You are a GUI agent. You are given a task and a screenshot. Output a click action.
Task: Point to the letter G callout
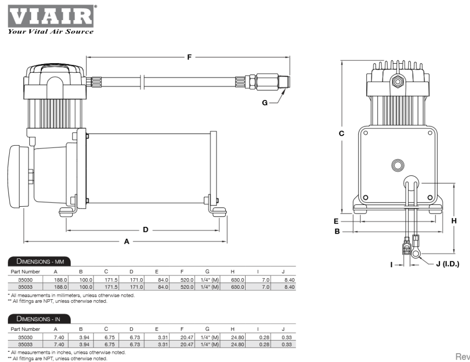(x=265, y=103)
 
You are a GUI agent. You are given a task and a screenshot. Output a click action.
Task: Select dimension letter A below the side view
(x=127, y=241)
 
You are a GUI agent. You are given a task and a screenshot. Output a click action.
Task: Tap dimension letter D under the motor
(x=145, y=229)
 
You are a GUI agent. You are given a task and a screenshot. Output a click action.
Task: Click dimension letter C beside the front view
(x=341, y=133)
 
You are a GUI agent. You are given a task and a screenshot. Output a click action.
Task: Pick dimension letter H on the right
(x=454, y=220)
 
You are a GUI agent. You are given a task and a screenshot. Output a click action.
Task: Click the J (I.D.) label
(x=447, y=264)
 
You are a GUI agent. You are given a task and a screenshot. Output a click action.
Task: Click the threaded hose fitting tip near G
(x=285, y=84)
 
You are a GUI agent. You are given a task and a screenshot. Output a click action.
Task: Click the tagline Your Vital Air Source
(x=51, y=32)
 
